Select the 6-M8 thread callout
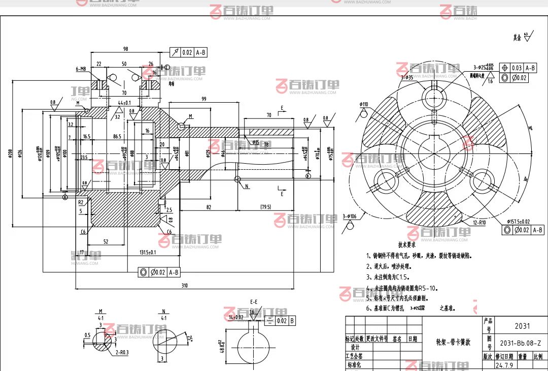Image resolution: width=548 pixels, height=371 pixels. (81, 69)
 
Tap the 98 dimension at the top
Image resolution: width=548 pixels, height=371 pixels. (125, 49)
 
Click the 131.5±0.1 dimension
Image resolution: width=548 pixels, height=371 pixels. (147, 252)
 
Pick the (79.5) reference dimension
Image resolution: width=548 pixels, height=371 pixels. (265, 207)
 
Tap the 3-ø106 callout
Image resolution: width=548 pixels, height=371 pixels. (349, 216)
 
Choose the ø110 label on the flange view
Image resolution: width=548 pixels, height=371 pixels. (364, 104)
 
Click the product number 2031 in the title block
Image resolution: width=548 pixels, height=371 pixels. (522, 326)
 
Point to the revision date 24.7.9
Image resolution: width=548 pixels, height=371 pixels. (505, 365)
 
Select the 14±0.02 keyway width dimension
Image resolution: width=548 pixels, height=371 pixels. (236, 317)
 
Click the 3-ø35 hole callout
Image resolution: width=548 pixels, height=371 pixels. (407, 77)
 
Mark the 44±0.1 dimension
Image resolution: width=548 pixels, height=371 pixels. (124, 103)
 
